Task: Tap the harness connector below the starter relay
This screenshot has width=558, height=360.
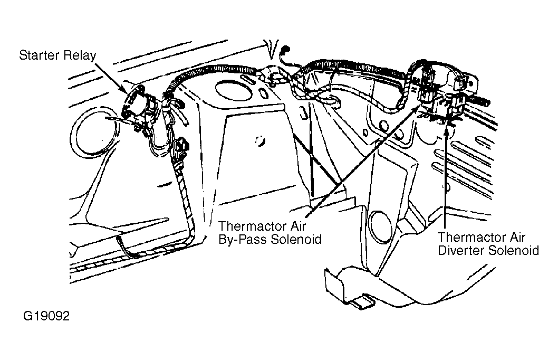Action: tap(182, 148)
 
